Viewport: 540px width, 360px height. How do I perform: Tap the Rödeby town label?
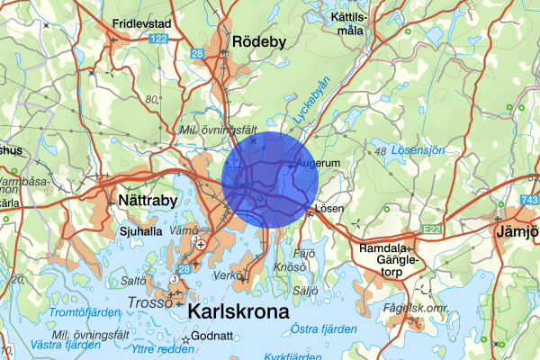point(257,41)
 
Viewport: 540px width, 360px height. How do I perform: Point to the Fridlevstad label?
point(143,23)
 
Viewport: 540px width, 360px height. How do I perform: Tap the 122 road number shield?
point(159,39)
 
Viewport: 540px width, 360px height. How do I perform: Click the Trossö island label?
point(149,302)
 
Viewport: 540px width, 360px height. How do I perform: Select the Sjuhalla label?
point(140,229)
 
